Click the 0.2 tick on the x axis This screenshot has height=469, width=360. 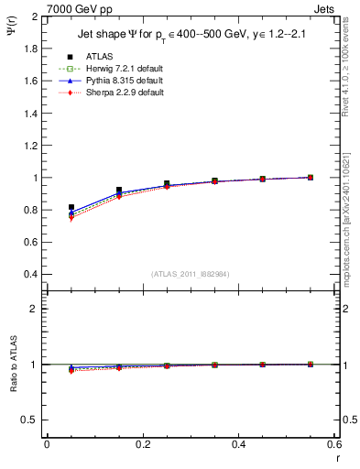tap(142, 444)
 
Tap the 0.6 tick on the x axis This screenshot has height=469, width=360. tap(333, 444)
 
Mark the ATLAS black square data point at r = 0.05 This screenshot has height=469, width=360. tap(71, 208)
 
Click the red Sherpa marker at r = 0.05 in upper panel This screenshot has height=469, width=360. tap(71, 219)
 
